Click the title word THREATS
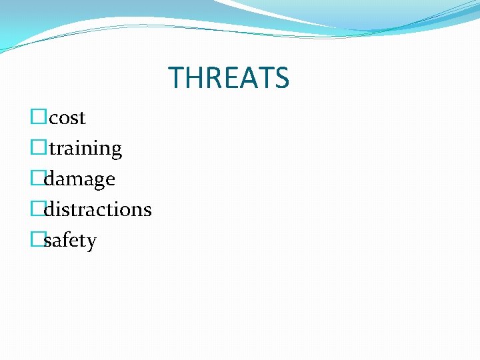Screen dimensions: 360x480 229,78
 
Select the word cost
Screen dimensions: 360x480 67,118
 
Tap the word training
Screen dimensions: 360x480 85,149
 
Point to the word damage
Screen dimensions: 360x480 79,179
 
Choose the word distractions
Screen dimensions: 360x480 97,209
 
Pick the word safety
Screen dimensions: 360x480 70,241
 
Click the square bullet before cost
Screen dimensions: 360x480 37,117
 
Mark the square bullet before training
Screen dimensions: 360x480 37,148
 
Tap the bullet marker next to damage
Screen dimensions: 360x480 37,179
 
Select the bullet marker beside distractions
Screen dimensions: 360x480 37,209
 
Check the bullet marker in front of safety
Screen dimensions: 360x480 37,239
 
